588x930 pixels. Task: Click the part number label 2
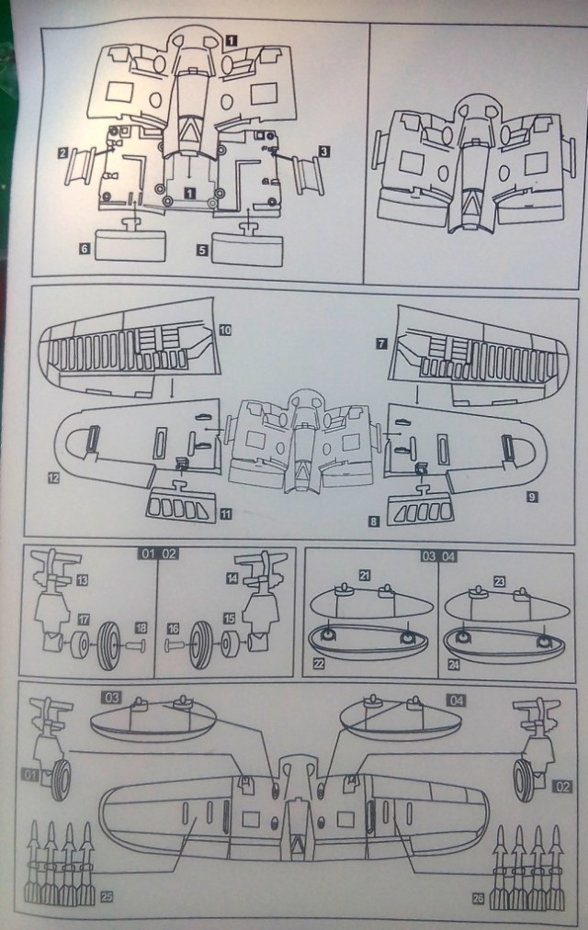pos(63,152)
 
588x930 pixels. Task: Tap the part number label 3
pos(325,150)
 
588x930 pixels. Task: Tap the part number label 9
pos(534,496)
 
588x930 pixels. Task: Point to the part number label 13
pos(82,580)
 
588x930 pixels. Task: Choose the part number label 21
pos(365,576)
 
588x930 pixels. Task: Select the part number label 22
pos(318,661)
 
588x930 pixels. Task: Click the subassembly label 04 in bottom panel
pos(458,700)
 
